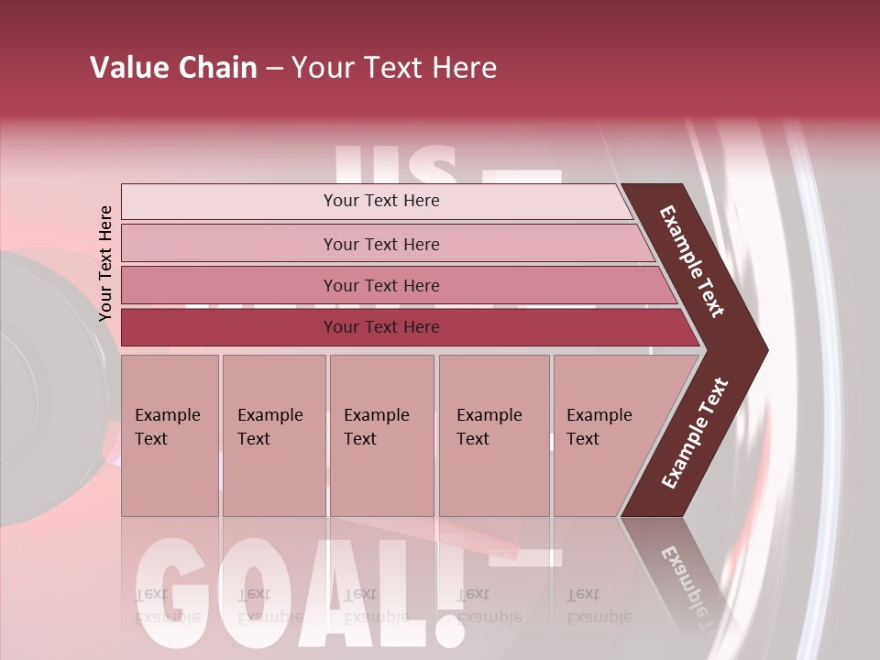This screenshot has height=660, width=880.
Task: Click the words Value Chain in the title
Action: (x=173, y=68)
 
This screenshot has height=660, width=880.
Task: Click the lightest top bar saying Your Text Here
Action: (x=381, y=201)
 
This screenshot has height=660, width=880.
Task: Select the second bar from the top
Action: (x=381, y=244)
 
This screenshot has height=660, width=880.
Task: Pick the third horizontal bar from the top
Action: (x=381, y=285)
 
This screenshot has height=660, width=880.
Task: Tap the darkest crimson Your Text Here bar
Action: (x=381, y=327)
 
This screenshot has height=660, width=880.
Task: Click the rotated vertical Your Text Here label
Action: (x=105, y=264)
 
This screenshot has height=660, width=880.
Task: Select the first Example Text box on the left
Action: (x=170, y=436)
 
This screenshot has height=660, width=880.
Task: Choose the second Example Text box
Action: (x=273, y=436)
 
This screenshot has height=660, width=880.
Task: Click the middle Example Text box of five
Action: (x=381, y=436)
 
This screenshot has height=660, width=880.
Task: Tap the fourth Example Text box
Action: (x=493, y=436)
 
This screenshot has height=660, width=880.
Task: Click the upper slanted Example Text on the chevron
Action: (x=693, y=261)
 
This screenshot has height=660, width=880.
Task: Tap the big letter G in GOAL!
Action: (x=174, y=587)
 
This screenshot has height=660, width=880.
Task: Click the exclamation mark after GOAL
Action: (x=446, y=587)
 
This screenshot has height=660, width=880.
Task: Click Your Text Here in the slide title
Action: (x=394, y=68)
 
